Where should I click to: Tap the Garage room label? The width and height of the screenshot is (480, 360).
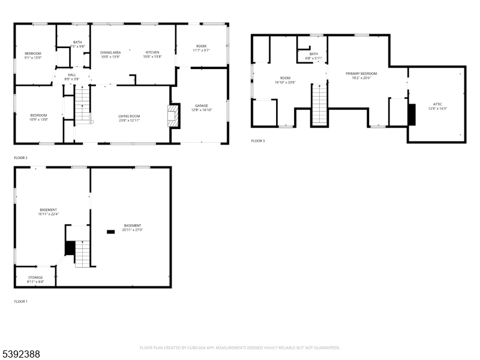click(x=201, y=106)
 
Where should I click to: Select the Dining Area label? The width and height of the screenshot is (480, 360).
click(x=110, y=53)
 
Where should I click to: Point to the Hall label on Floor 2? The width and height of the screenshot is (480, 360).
click(x=72, y=74)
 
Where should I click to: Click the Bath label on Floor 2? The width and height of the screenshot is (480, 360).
click(x=78, y=42)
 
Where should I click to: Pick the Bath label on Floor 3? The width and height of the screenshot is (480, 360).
click(x=313, y=54)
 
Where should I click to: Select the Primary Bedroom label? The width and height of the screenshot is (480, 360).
click(x=361, y=74)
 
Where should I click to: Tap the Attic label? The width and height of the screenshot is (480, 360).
click(x=437, y=104)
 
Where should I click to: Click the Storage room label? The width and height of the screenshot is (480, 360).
click(x=35, y=277)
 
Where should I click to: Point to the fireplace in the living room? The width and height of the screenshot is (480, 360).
click(x=173, y=116)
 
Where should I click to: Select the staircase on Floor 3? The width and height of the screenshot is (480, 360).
click(x=320, y=105)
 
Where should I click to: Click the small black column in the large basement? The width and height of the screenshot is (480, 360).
click(x=110, y=232)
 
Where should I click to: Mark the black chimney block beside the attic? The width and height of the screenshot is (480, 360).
click(x=412, y=115)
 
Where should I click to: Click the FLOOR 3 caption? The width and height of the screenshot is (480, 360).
click(x=257, y=141)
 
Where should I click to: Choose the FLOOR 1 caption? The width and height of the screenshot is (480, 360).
click(x=20, y=301)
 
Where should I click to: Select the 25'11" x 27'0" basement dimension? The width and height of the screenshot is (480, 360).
click(x=133, y=230)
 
